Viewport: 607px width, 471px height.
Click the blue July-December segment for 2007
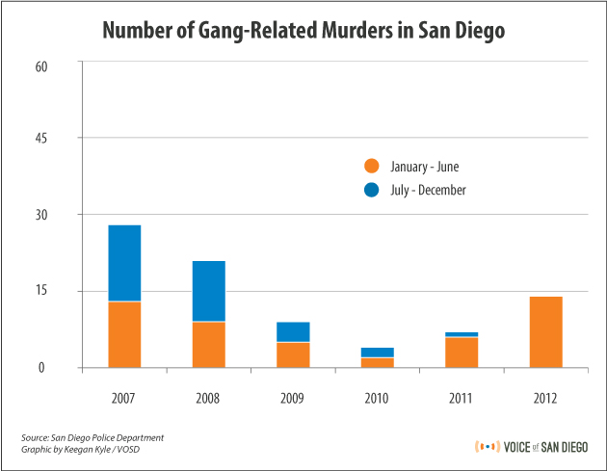pyautogui.click(x=124, y=263)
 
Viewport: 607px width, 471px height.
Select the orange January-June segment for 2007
pyautogui.click(x=124, y=334)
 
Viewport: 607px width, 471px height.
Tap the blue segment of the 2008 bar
pyautogui.click(x=209, y=291)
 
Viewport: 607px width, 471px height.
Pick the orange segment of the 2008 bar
pyautogui.click(x=209, y=345)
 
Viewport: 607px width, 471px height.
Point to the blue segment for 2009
pyautogui.click(x=294, y=331)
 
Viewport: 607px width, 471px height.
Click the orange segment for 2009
pyautogui.click(x=294, y=354)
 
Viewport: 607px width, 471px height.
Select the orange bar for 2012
pyautogui.click(x=546, y=331)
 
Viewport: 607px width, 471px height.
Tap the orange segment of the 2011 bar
pyautogui.click(x=462, y=353)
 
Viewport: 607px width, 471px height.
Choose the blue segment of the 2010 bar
pyautogui.click(x=378, y=353)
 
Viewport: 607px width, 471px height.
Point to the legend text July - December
pyautogui.click(x=429, y=191)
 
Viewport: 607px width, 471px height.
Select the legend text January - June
pyautogui.click(x=425, y=167)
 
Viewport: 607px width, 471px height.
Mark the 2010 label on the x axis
pyautogui.click(x=378, y=398)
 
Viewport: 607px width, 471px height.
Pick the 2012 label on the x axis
pyautogui.click(x=546, y=398)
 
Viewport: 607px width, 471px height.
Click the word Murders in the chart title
pyautogui.click(x=352, y=31)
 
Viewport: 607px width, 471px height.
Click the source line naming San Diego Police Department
pyautogui.click(x=92, y=438)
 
